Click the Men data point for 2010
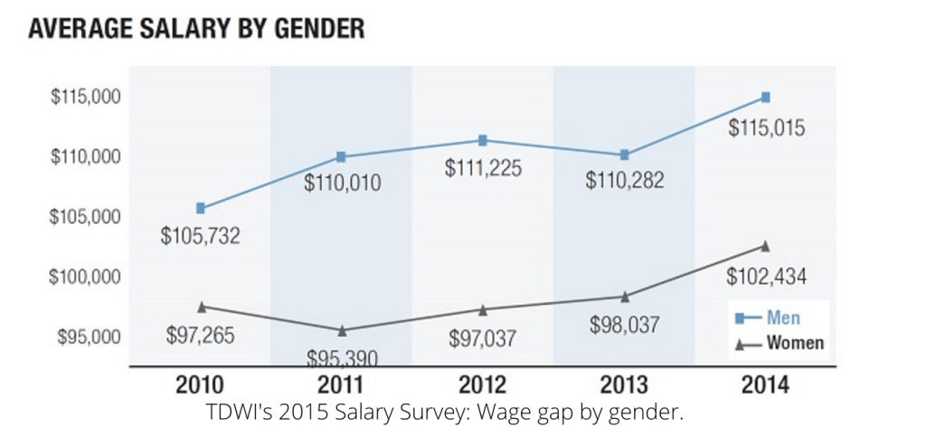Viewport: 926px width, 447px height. (x=200, y=208)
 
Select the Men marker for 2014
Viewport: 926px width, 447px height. (x=765, y=97)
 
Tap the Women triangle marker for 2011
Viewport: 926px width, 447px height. (x=342, y=330)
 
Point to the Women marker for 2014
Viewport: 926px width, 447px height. (x=765, y=245)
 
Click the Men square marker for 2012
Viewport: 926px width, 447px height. (x=483, y=140)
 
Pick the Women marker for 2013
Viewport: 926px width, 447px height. (x=624, y=297)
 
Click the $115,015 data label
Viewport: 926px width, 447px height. (x=767, y=128)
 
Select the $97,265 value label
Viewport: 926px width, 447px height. (x=200, y=335)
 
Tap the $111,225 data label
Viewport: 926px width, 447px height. (x=483, y=168)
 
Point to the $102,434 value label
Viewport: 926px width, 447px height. (x=767, y=275)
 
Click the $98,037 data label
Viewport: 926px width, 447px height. (x=624, y=324)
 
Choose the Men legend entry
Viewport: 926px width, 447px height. (x=766, y=318)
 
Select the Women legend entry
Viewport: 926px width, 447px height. (x=777, y=343)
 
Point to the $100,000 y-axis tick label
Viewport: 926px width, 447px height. (x=82, y=277)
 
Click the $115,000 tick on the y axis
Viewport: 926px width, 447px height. (x=82, y=97)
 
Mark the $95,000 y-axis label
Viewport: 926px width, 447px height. (x=86, y=338)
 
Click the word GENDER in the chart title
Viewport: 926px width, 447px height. (x=313, y=29)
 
